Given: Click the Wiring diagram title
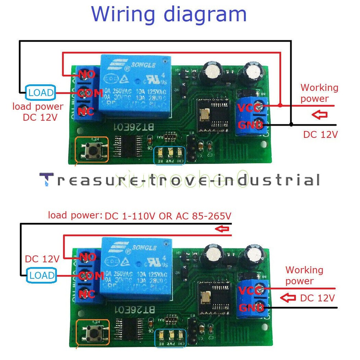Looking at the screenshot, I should pos(169,14).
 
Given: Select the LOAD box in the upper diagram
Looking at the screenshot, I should pos(40,93).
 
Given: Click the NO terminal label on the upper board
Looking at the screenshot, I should pos(86,75).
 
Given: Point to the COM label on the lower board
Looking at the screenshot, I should pos(91,276).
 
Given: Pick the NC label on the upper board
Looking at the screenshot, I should pos(86,111).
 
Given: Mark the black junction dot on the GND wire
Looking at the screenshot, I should pos(291,125).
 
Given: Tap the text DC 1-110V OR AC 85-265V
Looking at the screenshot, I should pos(167,216).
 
